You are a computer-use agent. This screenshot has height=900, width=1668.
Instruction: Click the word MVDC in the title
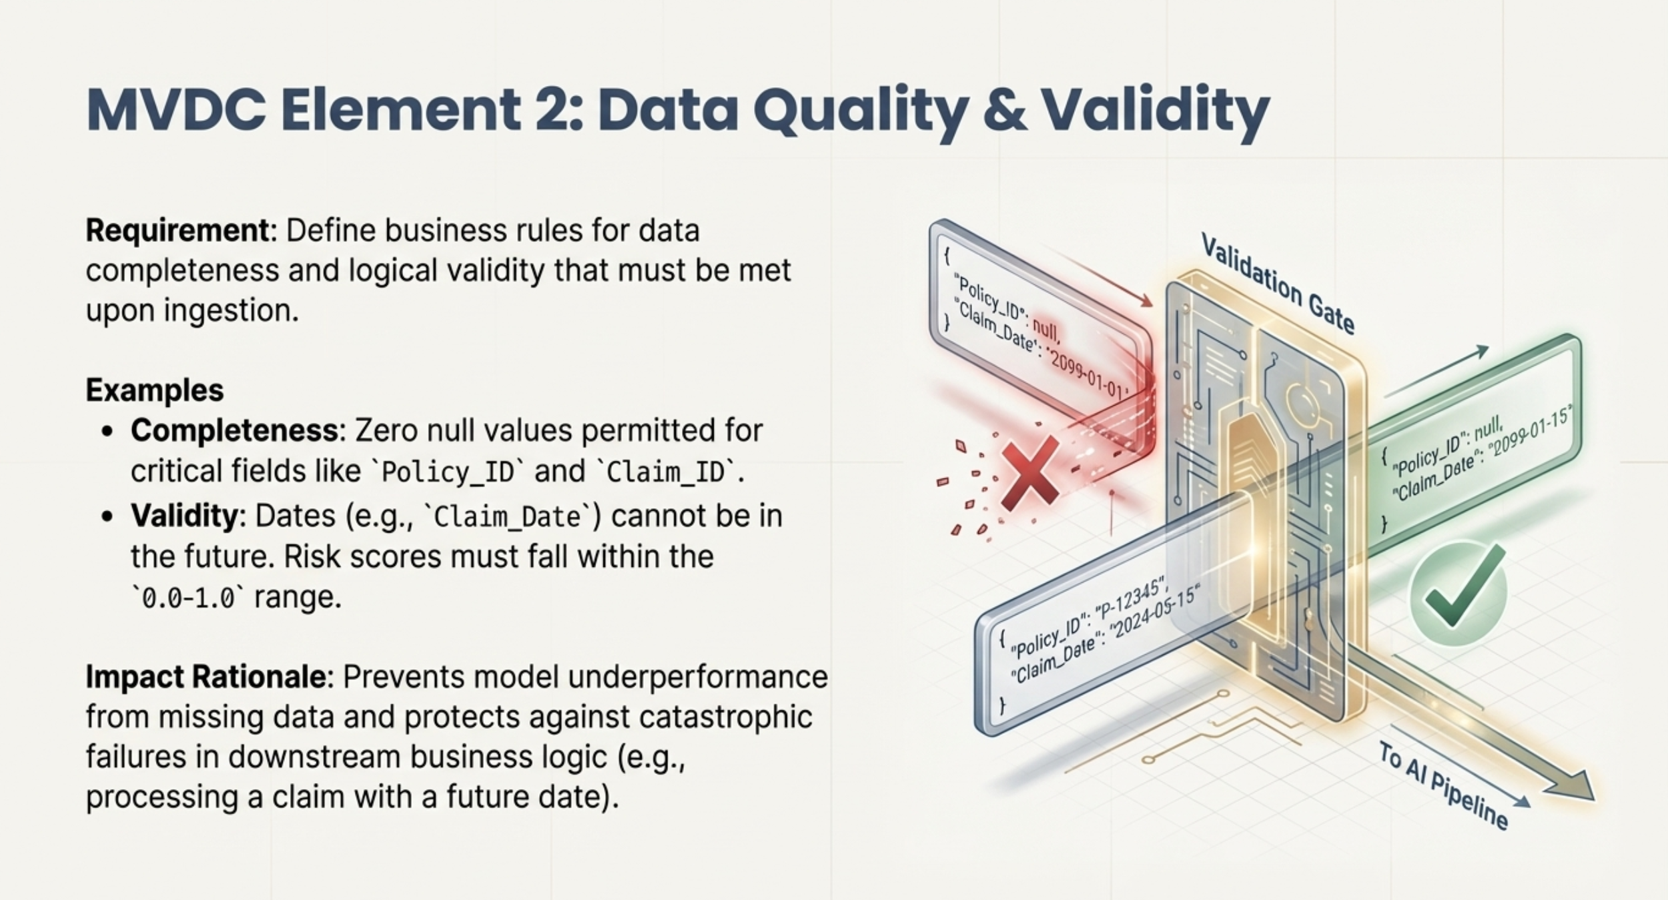176,109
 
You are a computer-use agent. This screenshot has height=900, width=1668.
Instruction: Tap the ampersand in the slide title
1005,109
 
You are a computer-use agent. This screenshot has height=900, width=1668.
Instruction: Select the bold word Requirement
177,231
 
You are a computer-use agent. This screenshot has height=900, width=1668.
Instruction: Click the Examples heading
155,390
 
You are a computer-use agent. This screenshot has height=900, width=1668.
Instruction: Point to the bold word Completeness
235,431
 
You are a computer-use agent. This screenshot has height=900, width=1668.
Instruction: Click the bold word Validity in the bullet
184,516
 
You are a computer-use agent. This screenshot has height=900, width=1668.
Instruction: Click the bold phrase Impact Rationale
206,677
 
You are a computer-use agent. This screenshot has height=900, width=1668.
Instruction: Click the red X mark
1029,472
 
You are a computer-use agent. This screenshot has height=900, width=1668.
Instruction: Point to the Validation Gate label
1277,283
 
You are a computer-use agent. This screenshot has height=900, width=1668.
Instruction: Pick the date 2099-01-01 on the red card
1088,375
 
